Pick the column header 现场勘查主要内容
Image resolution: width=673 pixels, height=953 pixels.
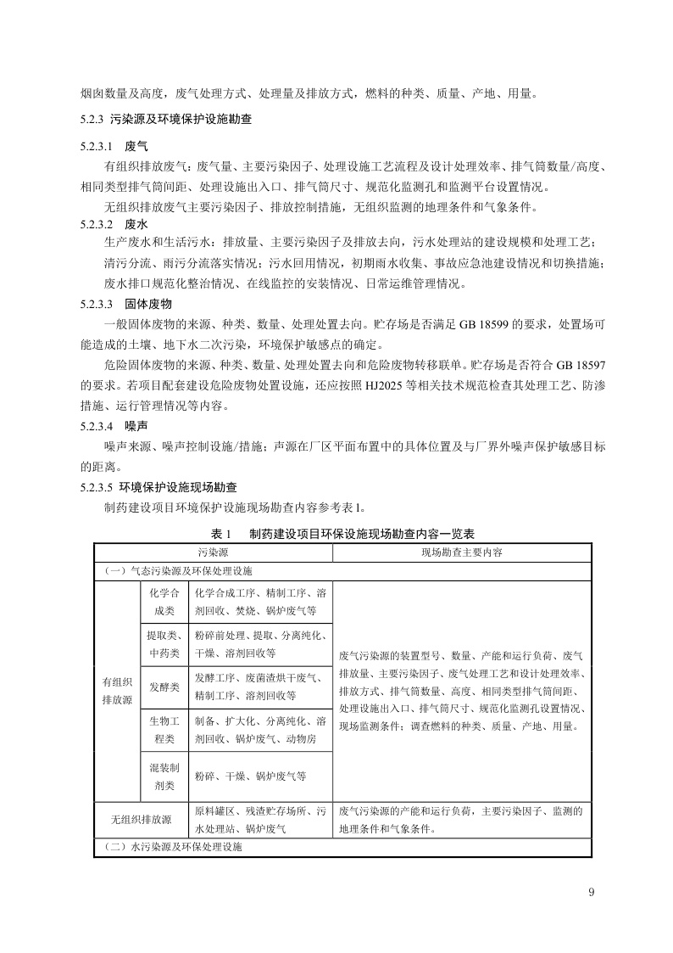[x=462, y=552]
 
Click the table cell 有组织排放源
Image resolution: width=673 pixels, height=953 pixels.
[x=117, y=690]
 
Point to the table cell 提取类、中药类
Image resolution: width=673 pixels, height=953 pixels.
[x=164, y=645]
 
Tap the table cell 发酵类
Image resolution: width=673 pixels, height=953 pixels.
[x=164, y=687]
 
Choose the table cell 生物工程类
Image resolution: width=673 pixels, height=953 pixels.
[x=164, y=730]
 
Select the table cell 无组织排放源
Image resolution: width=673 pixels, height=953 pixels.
[x=142, y=820]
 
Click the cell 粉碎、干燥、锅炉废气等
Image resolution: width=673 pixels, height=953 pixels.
[x=250, y=776]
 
